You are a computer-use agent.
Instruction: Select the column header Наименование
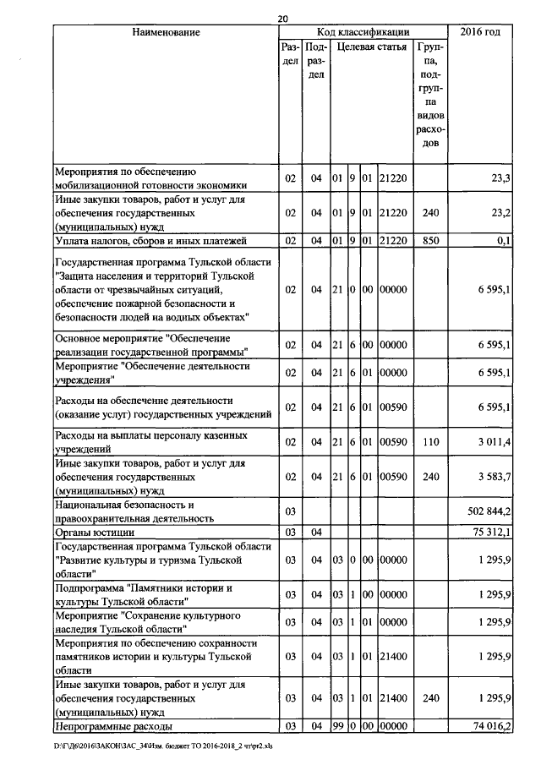(166, 32)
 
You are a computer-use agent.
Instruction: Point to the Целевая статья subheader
(371, 47)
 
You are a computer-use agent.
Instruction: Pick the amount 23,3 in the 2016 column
(500, 178)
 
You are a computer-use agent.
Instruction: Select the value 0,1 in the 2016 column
(504, 240)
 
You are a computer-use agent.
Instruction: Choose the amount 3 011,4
(493, 440)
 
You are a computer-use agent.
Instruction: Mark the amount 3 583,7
(493, 478)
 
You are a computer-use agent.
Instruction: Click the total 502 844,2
(489, 511)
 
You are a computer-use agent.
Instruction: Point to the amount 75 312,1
(492, 532)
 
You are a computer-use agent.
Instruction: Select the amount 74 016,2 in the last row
(492, 725)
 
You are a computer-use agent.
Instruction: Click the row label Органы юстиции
(96, 532)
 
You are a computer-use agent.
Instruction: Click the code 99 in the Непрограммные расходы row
(336, 725)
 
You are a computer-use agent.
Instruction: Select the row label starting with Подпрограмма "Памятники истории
(143, 593)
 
